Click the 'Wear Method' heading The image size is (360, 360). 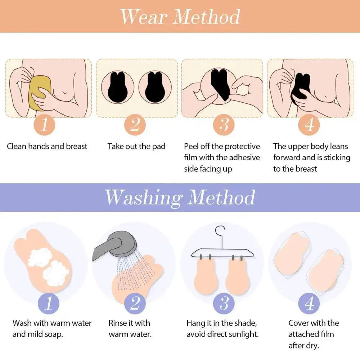tap(180, 16)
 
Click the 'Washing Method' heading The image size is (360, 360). tap(180, 197)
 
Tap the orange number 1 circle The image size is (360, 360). tap(45, 125)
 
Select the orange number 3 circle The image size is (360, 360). tap(224, 125)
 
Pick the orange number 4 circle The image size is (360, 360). tap(309, 125)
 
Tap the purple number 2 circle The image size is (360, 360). tap(134, 303)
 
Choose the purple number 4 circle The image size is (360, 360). tap(309, 303)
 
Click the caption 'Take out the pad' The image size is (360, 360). tap(136, 147)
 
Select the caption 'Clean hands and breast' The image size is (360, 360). tap(47, 147)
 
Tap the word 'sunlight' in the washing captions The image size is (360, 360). tap(241, 334)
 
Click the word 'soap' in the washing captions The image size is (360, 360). tap(54, 334)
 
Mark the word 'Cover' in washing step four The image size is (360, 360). tap(299, 323)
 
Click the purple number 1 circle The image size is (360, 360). tap(48, 303)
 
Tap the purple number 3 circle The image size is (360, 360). tap(224, 303)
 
